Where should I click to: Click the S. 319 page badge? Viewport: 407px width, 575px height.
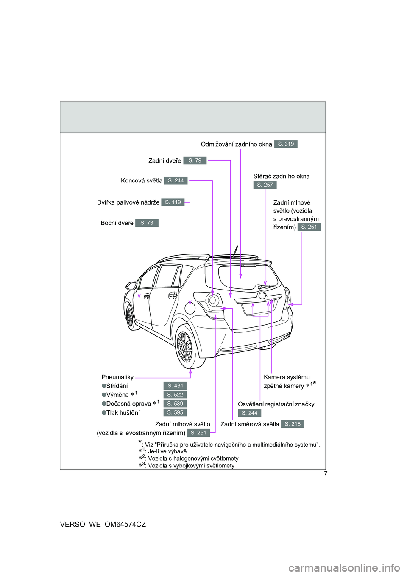pos(286,144)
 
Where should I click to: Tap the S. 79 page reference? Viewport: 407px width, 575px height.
pos(195,160)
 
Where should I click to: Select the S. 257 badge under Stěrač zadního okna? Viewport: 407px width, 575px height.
pos(265,185)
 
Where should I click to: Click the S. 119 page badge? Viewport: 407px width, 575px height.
pos(173,202)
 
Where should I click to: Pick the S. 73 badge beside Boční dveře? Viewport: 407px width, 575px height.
pos(147,223)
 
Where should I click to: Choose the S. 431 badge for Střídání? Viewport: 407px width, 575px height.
pos(175,386)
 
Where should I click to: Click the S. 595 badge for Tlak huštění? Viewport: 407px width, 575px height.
pos(175,412)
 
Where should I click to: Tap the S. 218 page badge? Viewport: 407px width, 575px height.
pos(293,424)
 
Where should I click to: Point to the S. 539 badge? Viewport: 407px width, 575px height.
pos(175,404)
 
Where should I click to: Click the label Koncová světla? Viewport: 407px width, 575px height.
pos(142,181)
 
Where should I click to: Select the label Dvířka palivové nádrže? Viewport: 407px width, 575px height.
pos(128,202)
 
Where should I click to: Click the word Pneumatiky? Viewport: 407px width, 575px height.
pos(117,377)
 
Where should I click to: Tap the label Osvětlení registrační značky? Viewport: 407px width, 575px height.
pos(276,404)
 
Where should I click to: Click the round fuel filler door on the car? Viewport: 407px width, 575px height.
pos(190,308)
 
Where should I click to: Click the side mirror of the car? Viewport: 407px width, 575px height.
pos(131,286)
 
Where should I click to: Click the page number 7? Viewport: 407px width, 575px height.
pos(326,474)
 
